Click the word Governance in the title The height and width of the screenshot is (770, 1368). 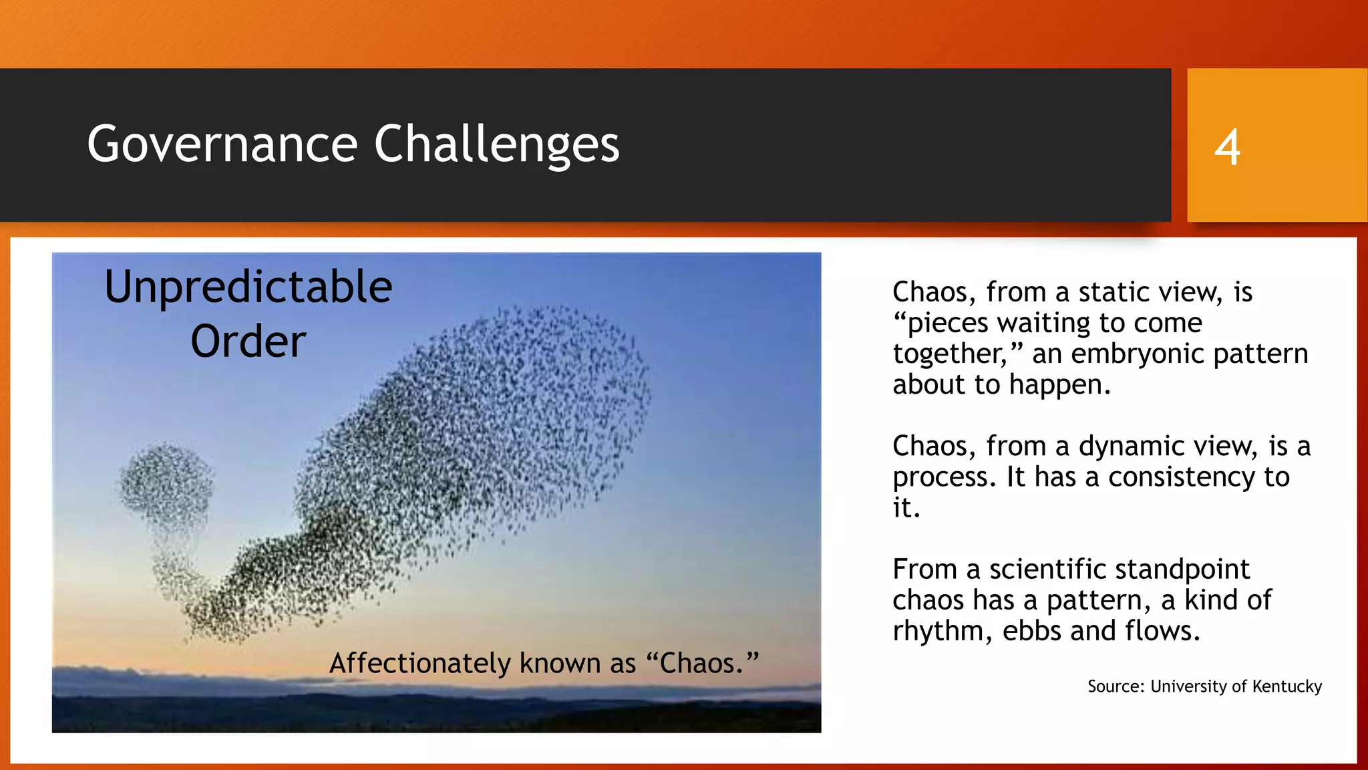[222, 144]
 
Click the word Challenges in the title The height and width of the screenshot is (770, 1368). [496, 144]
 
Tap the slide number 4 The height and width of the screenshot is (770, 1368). [1227, 148]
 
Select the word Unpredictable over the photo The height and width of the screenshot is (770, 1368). [248, 287]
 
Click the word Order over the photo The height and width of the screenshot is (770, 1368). [248, 342]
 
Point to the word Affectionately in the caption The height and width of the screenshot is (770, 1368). [420, 663]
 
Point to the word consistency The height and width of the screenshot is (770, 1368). [1182, 477]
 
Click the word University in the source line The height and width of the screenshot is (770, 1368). [1188, 686]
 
